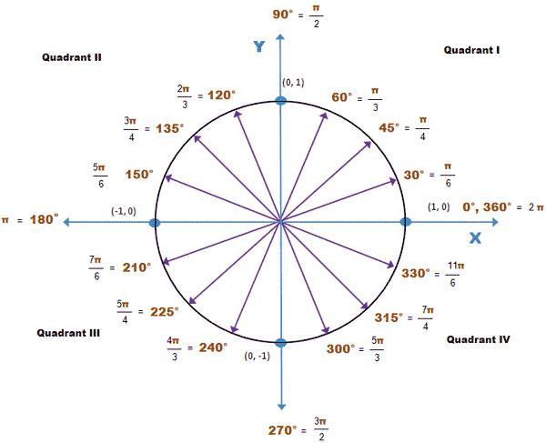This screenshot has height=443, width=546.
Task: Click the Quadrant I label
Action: coord(471,50)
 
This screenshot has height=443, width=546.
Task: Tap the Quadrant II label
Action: coord(71,56)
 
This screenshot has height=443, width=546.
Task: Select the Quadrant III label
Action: coord(68,333)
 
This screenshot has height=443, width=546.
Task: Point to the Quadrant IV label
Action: coord(478,339)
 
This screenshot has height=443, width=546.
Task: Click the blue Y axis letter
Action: coord(259,45)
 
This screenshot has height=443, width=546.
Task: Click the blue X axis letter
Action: coord(474,238)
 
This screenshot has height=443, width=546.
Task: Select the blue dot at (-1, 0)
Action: coord(155,222)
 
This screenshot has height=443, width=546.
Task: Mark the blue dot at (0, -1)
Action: coord(280,342)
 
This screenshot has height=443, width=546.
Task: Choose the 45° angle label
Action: coord(389,127)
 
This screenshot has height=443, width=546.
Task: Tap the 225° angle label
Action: coord(164,311)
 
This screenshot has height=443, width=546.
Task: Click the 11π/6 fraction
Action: coord(456,272)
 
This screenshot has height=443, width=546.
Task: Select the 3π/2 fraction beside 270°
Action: coord(319,428)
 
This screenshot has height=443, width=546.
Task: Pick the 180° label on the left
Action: coord(43,219)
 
